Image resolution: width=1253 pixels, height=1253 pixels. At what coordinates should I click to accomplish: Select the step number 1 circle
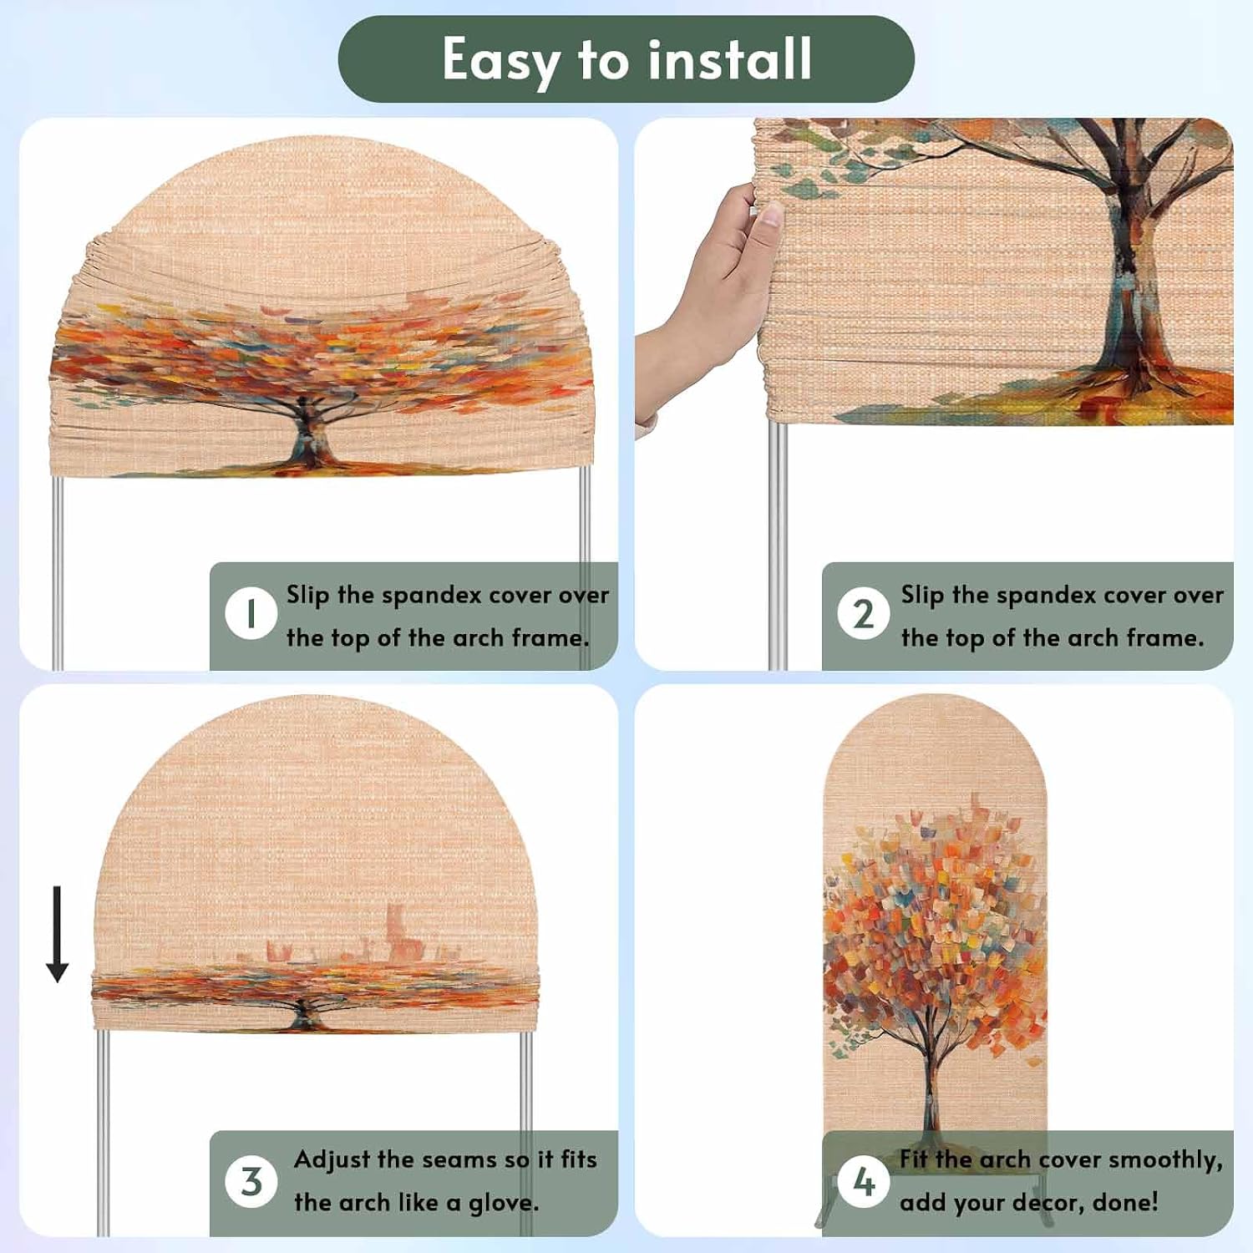tap(251, 614)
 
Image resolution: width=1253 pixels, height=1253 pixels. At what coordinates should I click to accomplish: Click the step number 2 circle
tap(864, 614)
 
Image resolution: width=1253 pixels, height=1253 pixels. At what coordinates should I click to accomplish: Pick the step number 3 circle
tap(251, 1181)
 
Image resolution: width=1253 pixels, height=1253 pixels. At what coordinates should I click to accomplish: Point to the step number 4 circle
tap(864, 1181)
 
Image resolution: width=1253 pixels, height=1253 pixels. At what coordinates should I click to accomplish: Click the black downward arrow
tap(57, 934)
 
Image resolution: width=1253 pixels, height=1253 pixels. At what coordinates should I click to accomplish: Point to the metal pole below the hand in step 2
tap(777, 543)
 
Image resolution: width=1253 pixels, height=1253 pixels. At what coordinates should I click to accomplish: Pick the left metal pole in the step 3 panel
tap(103, 1132)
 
